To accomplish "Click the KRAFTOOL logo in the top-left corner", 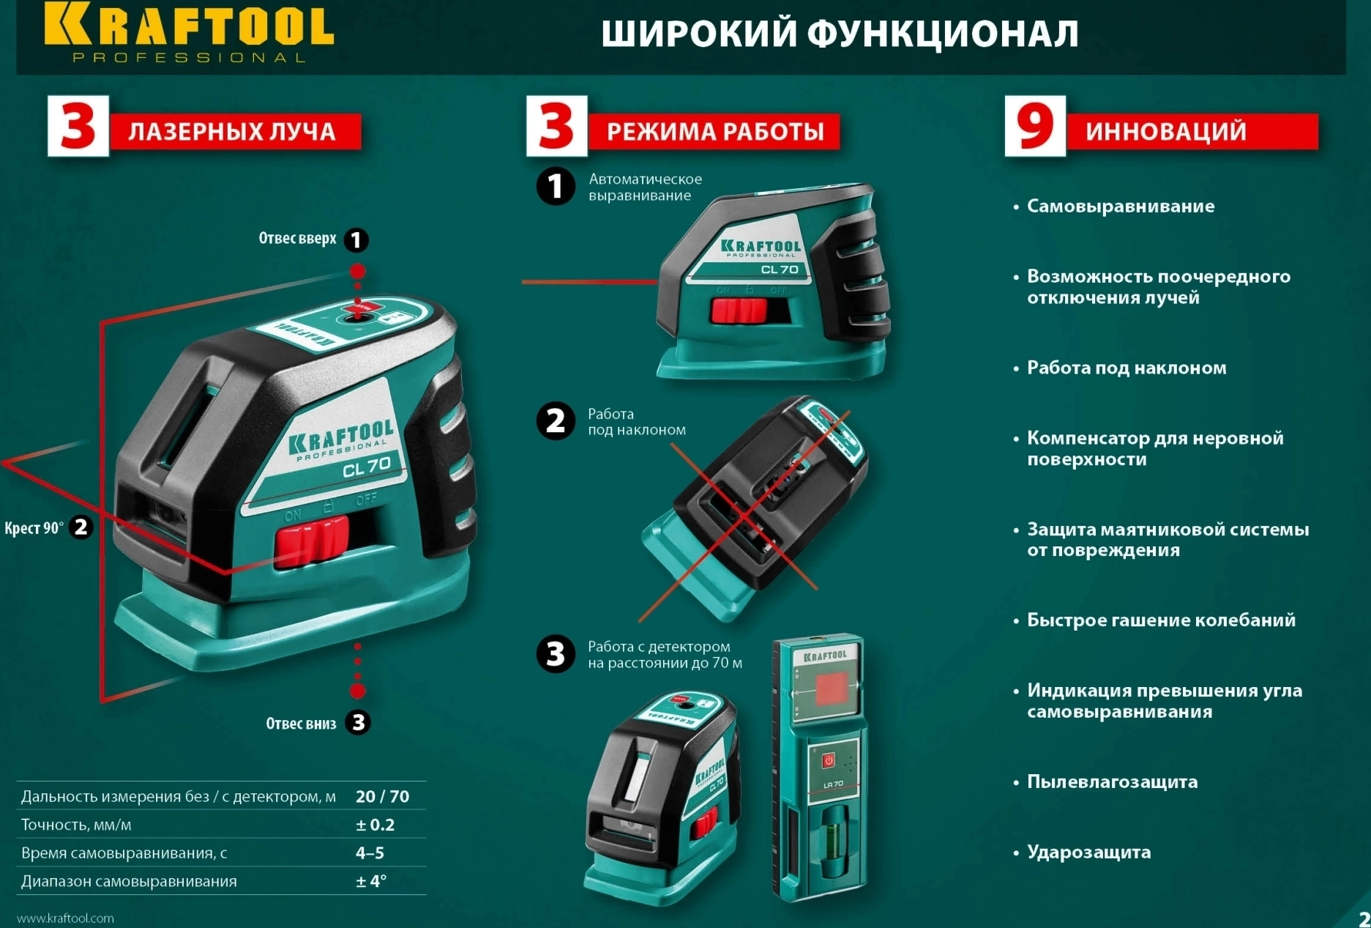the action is (189, 31).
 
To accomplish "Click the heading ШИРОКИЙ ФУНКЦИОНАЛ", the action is (840, 34).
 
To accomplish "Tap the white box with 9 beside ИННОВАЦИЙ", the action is (1034, 126).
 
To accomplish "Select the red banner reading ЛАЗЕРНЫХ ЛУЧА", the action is (234, 132).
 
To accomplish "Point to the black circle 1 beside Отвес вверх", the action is (356, 240).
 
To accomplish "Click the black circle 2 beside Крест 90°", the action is (81, 527).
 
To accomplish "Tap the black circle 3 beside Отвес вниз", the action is (358, 723).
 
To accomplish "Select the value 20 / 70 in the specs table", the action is (382, 796).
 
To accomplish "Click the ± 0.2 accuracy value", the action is (375, 825).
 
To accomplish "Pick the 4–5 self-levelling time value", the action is (370, 853).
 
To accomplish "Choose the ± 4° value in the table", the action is (370, 881).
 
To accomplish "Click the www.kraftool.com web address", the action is (65, 918).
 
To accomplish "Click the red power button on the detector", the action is (828, 760).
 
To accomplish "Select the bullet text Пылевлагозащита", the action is (1112, 782).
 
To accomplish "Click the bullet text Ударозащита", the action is (1088, 852).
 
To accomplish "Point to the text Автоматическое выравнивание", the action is (645, 187).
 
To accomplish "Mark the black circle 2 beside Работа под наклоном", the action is (556, 421).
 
